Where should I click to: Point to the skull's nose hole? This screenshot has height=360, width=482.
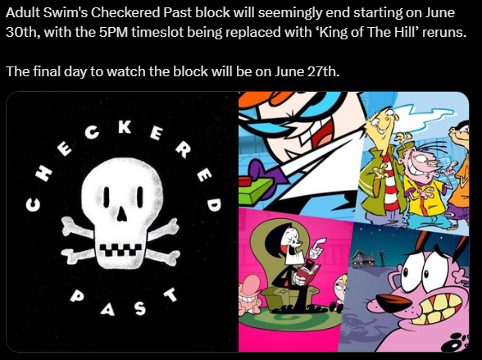(122, 212)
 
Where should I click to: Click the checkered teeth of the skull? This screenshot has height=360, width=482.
(120, 249)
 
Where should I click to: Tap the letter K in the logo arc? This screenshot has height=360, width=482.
(125, 126)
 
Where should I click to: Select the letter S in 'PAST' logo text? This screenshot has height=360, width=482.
(140, 308)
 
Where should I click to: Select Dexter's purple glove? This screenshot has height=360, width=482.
(258, 168)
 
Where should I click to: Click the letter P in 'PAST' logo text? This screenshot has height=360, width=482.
(76, 295)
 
